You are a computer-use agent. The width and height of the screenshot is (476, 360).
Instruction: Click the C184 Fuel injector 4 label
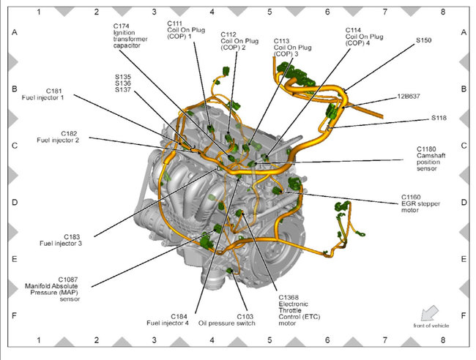[168, 320]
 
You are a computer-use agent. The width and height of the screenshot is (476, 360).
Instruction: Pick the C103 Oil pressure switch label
[226, 320]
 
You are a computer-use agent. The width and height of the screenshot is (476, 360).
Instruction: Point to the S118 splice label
[439, 117]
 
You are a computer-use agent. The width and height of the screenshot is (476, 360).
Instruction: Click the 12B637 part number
[409, 95]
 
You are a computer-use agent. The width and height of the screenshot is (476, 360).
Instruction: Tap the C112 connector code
[229, 34]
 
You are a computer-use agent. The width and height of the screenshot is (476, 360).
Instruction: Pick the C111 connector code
[176, 23]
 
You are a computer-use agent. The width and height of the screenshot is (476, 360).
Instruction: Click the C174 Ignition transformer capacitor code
[122, 26]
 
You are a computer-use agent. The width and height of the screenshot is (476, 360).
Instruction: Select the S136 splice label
[122, 83]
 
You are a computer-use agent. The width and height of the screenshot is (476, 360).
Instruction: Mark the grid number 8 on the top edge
[442, 12]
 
